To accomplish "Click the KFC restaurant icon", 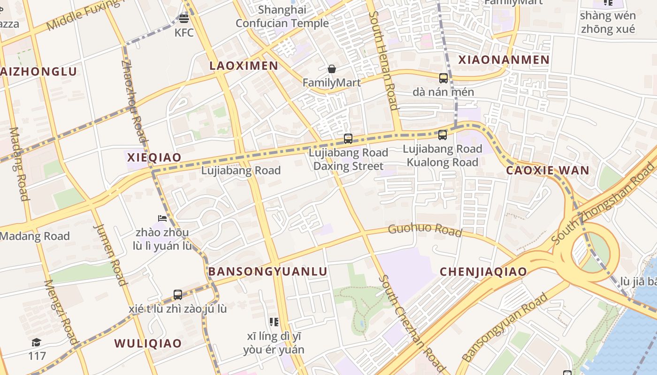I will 184,19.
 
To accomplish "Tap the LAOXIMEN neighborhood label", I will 244,66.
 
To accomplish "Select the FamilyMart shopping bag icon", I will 332,69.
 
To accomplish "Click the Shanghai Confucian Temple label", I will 282,16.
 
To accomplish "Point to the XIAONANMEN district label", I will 504,60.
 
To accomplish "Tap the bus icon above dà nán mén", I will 443,78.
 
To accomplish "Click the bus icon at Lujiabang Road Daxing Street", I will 348,139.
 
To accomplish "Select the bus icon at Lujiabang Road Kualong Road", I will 442,135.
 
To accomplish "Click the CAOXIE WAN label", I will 547,170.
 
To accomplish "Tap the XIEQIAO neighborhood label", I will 154,157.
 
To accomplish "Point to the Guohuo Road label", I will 425,230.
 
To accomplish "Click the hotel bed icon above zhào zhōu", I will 162,218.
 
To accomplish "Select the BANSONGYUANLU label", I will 267,271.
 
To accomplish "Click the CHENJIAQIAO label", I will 483,271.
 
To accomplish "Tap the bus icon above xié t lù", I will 178,295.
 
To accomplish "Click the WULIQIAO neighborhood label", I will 148,343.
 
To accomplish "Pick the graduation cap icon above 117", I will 37,343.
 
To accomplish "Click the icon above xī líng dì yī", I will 274,322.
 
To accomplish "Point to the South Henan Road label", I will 383,61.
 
